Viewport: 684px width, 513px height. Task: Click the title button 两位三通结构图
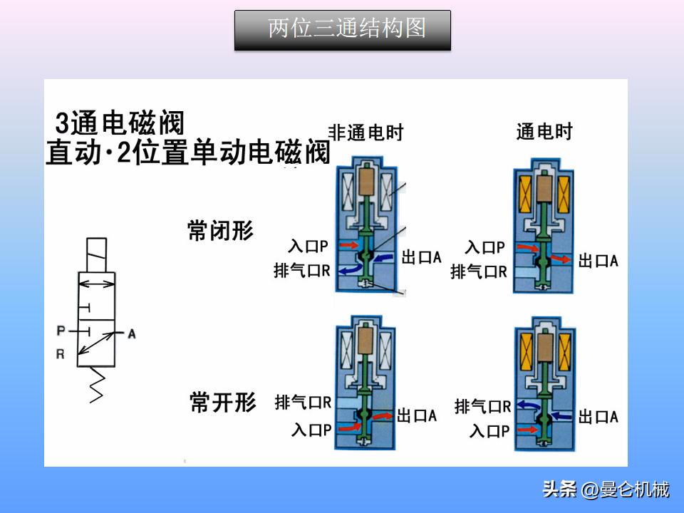click(x=343, y=30)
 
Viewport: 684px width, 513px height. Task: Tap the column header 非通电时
click(x=366, y=132)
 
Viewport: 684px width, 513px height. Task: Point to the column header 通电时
click(x=544, y=132)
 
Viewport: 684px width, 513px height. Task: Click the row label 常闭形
click(x=220, y=231)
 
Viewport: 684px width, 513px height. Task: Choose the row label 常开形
click(x=222, y=402)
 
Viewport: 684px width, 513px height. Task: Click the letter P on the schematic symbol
click(x=61, y=331)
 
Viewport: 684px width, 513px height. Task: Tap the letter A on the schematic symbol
click(x=131, y=333)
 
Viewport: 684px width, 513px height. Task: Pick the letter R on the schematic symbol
click(x=61, y=354)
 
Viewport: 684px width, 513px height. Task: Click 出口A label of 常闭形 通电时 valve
click(x=598, y=261)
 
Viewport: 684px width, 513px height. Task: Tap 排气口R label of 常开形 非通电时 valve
click(x=303, y=403)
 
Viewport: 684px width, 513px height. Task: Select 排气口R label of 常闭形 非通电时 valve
click(x=301, y=271)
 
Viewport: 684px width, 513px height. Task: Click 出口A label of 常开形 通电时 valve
click(x=598, y=417)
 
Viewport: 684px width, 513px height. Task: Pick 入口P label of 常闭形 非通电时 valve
click(x=308, y=247)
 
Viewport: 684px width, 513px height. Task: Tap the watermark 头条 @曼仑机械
click(x=606, y=490)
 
